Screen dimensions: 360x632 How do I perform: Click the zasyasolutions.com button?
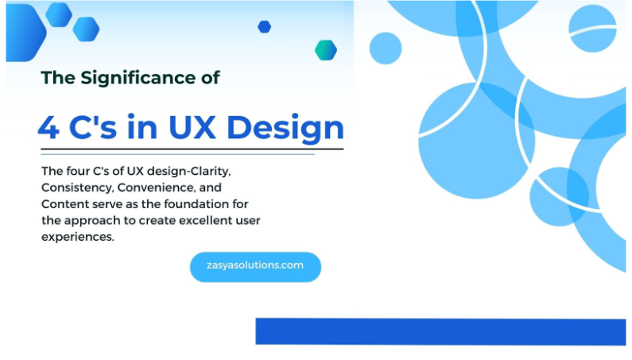[x=255, y=266]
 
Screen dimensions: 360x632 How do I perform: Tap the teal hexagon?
[x=325, y=50]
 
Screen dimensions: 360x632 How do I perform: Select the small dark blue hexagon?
[x=265, y=27]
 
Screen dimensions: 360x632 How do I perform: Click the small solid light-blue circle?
[x=386, y=48]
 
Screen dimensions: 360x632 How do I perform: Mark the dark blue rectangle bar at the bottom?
[x=440, y=331]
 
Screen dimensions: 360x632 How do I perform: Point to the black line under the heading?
[x=192, y=149]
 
